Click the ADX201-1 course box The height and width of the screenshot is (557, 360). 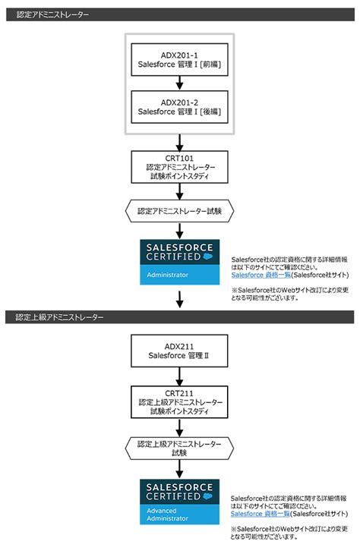[180, 59]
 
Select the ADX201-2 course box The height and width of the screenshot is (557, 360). [180, 106]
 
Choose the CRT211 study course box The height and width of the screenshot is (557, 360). [180, 401]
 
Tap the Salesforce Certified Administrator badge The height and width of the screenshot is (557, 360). [180, 262]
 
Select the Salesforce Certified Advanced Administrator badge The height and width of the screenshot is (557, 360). [180, 502]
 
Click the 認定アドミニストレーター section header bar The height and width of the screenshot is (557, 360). [180, 14]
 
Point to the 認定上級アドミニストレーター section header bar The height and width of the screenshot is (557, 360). [180, 317]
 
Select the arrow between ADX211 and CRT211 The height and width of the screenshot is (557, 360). [180, 375]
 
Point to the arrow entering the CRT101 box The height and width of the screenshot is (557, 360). [180, 142]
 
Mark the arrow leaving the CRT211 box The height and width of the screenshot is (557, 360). [180, 426]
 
